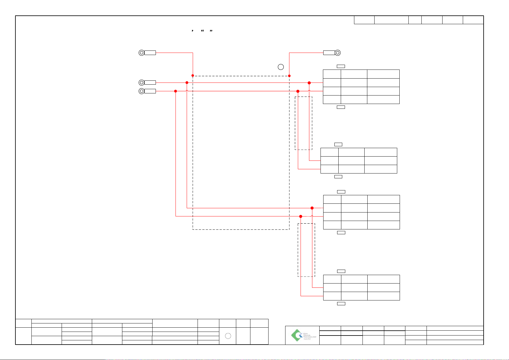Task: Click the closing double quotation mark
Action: (x=211, y=31)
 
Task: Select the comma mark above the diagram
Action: (x=192, y=31)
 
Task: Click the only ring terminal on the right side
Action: (x=338, y=53)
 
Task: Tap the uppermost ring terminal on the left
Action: (x=141, y=53)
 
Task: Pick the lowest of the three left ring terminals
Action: (x=141, y=91)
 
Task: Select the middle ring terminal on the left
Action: (x=141, y=83)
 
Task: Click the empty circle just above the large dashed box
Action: (x=281, y=67)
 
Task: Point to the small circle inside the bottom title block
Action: (x=228, y=336)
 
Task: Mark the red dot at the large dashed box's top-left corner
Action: (x=193, y=76)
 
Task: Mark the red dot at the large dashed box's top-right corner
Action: (x=289, y=76)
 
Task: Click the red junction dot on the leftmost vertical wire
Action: (x=176, y=91)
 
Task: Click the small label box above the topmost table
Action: (x=341, y=66)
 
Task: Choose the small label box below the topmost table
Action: (x=341, y=107)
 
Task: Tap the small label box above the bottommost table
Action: (x=341, y=271)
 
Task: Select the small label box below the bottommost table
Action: (x=341, y=303)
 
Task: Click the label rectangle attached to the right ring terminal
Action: (x=329, y=53)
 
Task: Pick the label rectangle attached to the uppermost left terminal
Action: (x=150, y=53)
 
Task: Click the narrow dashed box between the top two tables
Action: (x=304, y=123)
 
